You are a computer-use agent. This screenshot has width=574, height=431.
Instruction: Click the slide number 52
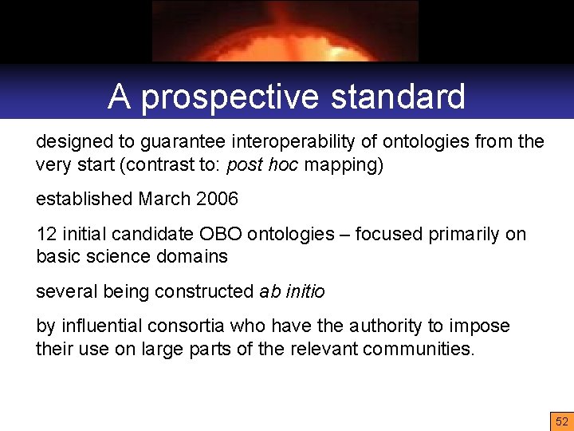tap(562, 421)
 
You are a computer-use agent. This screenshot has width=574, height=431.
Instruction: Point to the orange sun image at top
tap(285, 32)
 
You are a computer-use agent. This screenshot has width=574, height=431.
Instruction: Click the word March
tap(163, 199)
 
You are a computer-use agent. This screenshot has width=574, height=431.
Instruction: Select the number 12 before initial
tap(45, 234)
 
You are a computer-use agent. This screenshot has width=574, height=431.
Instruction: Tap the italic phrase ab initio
tap(292, 291)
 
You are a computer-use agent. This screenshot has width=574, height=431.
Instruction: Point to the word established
tap(84, 199)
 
